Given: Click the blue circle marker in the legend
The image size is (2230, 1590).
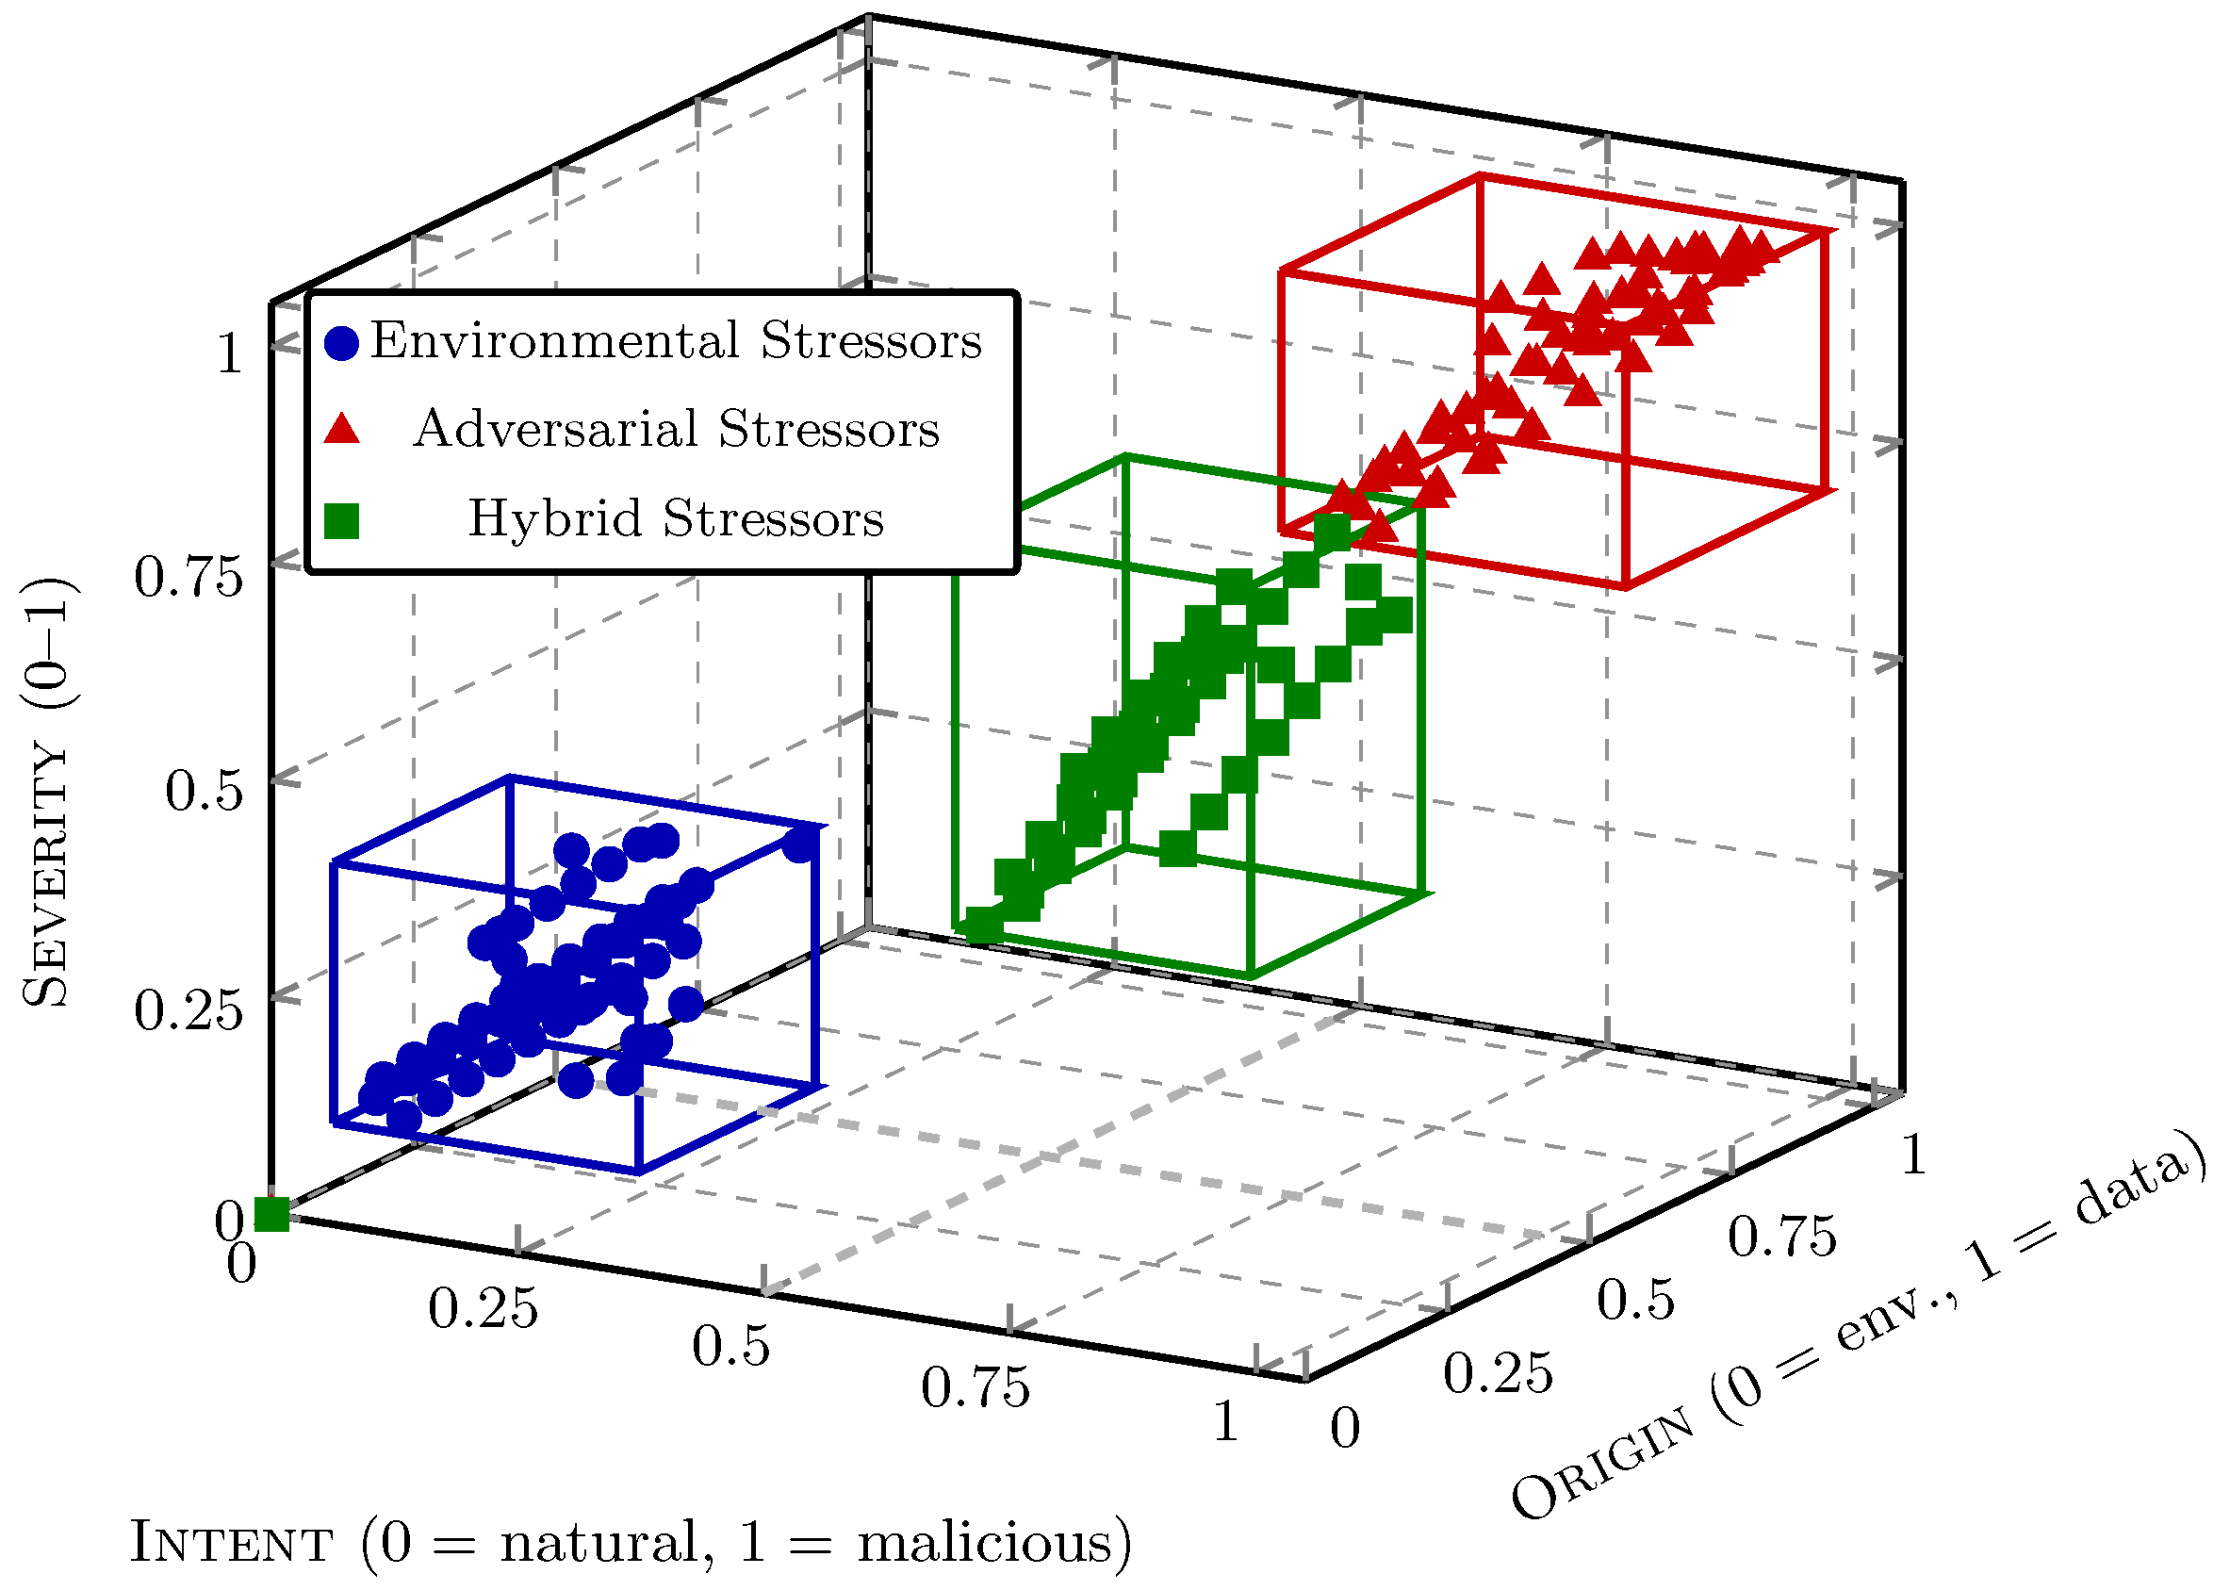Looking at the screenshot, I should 341,344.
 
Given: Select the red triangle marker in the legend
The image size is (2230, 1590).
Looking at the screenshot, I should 341,430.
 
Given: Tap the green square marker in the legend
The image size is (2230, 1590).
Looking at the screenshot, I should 341,521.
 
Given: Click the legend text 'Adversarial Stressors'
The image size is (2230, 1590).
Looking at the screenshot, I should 676,429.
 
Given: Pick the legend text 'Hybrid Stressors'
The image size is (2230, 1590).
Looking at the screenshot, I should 676,518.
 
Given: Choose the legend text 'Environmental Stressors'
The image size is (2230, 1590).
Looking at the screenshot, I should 676,341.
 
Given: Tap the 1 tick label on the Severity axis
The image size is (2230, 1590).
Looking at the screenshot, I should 229,353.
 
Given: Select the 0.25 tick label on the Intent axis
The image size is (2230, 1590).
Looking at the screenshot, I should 483,1308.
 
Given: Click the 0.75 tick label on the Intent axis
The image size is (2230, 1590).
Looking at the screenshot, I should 975,1387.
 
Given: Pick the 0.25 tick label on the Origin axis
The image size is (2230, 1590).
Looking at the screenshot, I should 1498,1372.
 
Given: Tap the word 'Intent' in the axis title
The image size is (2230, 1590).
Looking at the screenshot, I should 231,1544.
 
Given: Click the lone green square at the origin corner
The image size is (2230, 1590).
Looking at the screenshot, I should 271,1214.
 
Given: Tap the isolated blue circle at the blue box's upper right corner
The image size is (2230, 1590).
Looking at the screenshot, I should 800,844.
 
